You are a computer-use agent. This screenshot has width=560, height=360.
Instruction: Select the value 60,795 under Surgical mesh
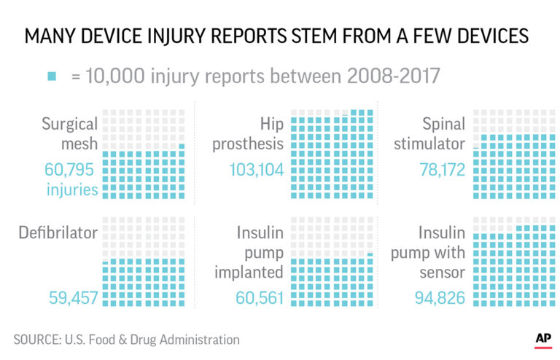71,171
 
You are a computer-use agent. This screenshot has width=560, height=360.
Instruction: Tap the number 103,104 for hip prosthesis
253,171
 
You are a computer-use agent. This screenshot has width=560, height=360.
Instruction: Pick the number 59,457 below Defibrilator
71,297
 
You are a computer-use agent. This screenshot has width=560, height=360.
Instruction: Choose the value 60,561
259,297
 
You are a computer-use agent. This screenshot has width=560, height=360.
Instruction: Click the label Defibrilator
58,233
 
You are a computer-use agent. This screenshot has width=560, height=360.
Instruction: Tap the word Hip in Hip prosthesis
271,122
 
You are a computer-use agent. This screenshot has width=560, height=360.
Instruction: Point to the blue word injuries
71,190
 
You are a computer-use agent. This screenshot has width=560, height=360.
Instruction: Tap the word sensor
442,273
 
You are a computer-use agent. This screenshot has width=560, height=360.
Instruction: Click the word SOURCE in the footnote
37,340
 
